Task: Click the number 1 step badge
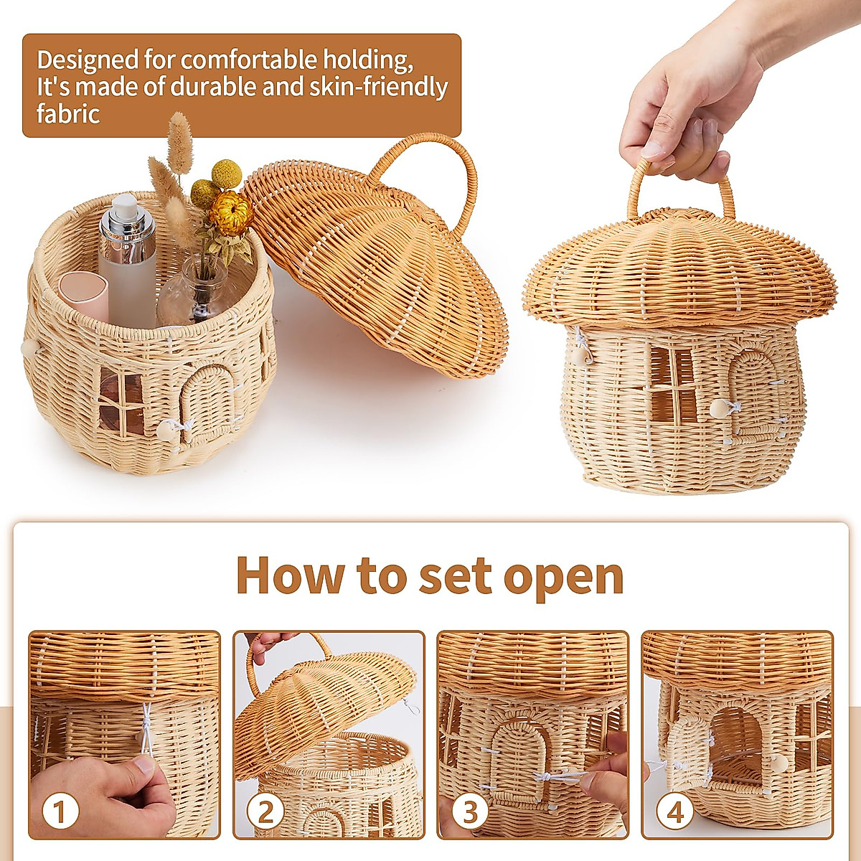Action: [x=60, y=812]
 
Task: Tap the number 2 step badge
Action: [x=265, y=812]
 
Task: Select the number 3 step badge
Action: [x=469, y=812]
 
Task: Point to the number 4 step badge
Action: [x=674, y=812]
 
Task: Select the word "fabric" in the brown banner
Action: [x=68, y=113]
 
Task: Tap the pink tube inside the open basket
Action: [x=84, y=294]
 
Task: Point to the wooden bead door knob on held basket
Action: [x=717, y=409]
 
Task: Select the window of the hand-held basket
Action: [x=673, y=384]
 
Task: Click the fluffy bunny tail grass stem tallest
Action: [x=180, y=136]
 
